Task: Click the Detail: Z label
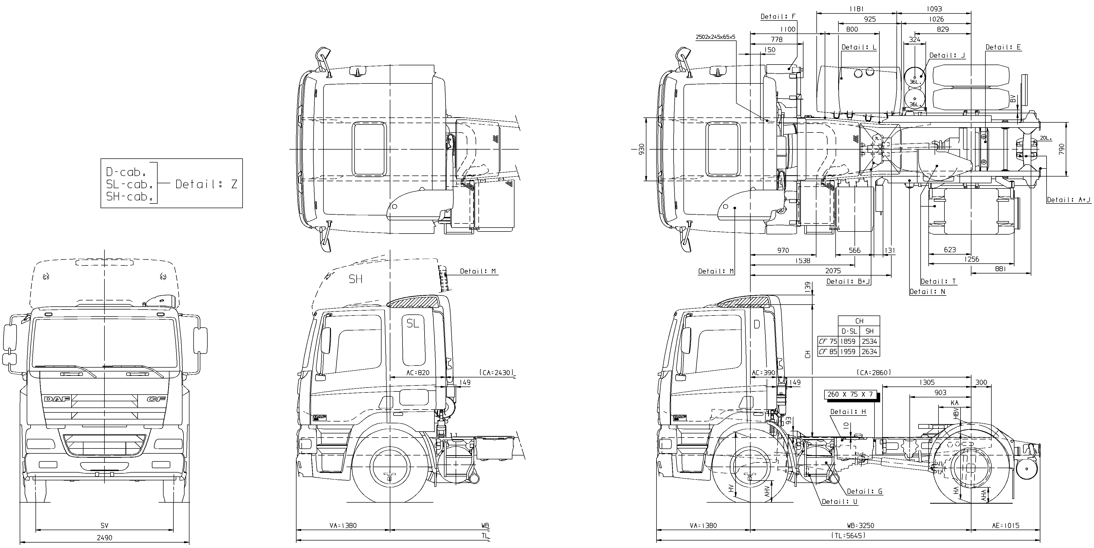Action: click(x=206, y=184)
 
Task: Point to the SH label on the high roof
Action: click(x=355, y=279)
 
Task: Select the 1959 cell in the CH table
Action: click(x=848, y=352)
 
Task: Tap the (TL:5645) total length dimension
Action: click(x=848, y=536)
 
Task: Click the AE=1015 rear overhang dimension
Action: click(x=1005, y=525)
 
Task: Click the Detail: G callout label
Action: click(x=865, y=491)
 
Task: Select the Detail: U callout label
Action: click(x=839, y=502)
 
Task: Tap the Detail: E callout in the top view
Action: click(x=1003, y=47)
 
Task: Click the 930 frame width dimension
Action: click(x=641, y=149)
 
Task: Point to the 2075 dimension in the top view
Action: click(x=833, y=271)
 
